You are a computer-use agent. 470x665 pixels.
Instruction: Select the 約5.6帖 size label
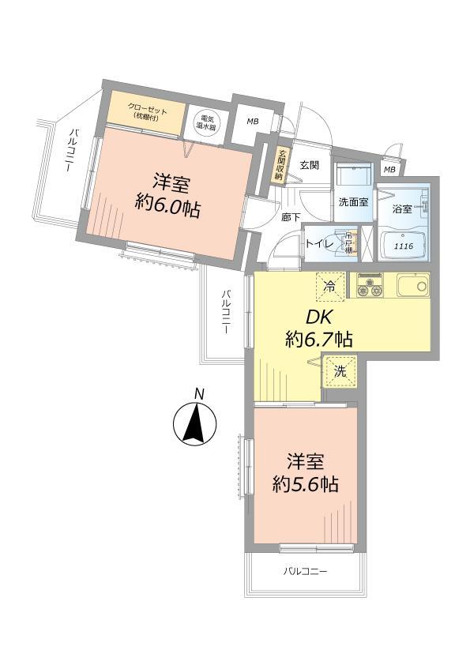pyautogui.click(x=306, y=484)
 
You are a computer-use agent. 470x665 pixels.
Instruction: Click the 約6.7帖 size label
pyautogui.click(x=318, y=340)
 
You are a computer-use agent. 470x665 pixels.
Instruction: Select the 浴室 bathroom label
pyautogui.click(x=401, y=209)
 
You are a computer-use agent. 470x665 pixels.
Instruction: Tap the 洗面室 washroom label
pyautogui.click(x=353, y=202)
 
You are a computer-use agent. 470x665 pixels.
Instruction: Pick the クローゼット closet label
pyautogui.click(x=147, y=112)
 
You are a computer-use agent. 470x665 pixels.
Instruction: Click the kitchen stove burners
pyautogui.click(x=370, y=285)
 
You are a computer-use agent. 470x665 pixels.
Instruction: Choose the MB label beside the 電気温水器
pyautogui.click(x=252, y=122)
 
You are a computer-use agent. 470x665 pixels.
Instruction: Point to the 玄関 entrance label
pyautogui.click(x=309, y=165)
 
